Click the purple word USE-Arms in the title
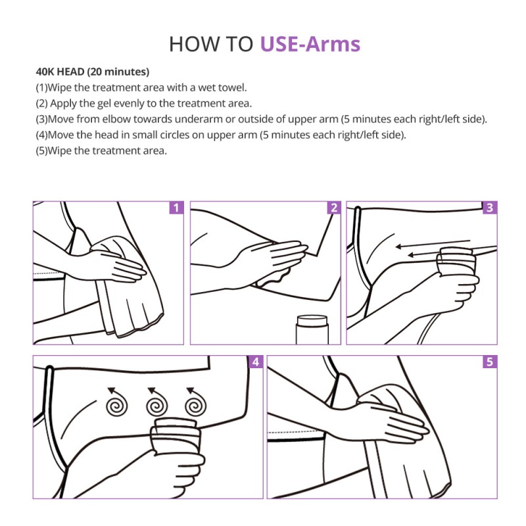tap(310, 44)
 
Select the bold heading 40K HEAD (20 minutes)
tap(93, 72)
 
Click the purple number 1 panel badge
tap(176, 208)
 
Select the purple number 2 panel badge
tap(334, 208)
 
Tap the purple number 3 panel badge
tap(490, 208)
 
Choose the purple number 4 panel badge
tap(256, 362)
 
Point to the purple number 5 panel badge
tap(490, 362)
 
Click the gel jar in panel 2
tap(312, 329)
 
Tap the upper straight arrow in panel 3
tap(433, 243)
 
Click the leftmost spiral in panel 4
tap(116, 402)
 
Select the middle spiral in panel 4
tap(156, 402)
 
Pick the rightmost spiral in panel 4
tap(195, 402)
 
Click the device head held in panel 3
tap(456, 262)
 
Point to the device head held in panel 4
tap(176, 436)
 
